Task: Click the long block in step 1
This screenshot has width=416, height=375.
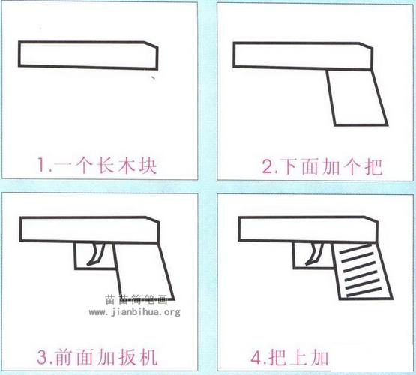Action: [86, 56]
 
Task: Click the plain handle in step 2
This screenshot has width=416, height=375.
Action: [357, 98]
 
